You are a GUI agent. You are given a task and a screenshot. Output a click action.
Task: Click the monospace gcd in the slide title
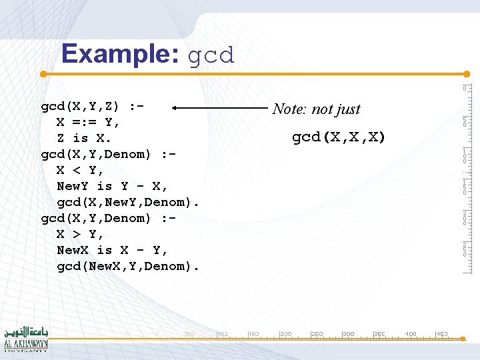point(211,55)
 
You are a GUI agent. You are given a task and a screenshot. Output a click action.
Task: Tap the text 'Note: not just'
point(316,109)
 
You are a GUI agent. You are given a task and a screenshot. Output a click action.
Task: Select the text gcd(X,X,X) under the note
point(339,137)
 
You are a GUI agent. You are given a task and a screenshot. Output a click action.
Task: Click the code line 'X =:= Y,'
point(88,122)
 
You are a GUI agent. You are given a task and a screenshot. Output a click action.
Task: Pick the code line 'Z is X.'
point(84,138)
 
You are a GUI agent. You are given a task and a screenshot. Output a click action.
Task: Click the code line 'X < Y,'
point(80,170)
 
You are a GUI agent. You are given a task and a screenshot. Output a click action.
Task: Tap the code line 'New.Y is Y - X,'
point(113,186)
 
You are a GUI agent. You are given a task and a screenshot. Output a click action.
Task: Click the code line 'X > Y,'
point(80,234)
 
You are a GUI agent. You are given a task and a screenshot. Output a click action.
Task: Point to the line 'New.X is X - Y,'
point(113,250)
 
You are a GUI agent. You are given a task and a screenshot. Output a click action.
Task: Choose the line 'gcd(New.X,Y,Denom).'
point(128,266)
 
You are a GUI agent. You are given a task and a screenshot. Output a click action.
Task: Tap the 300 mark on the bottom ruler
point(348,333)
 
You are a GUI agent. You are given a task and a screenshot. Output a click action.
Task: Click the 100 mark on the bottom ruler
point(222,333)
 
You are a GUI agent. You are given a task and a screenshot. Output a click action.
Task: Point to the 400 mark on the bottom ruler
point(411,333)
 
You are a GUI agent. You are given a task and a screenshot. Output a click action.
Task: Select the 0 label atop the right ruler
point(465,89)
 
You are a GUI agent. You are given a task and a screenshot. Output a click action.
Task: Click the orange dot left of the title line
point(43,73)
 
